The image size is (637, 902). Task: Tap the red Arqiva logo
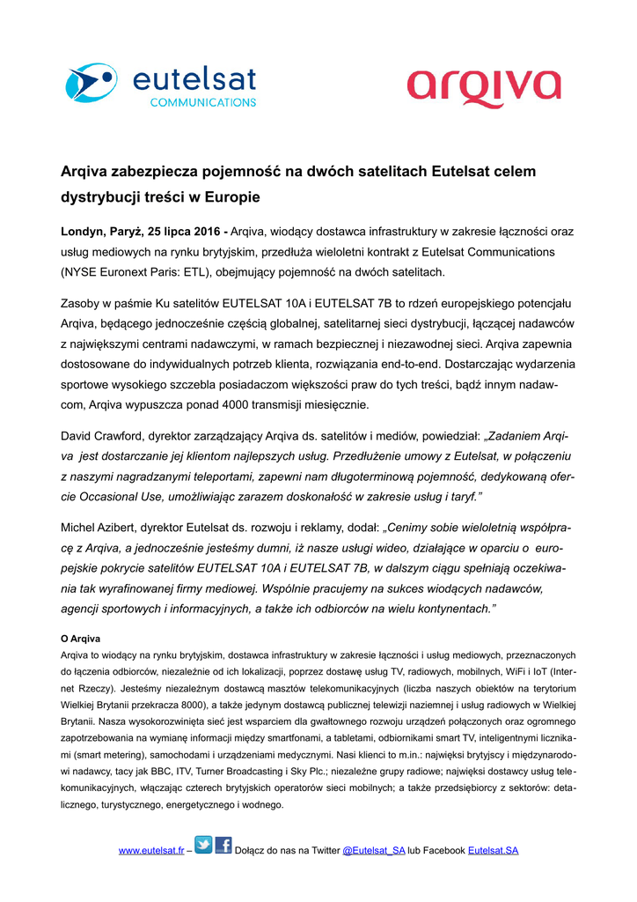point(484,90)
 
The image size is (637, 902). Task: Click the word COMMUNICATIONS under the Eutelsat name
point(203,102)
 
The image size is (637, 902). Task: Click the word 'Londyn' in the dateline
point(82,233)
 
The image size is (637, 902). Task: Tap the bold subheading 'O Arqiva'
point(81,638)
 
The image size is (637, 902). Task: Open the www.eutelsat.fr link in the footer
point(151,850)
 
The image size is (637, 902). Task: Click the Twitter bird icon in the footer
point(203,847)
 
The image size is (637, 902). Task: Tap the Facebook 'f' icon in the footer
point(223,847)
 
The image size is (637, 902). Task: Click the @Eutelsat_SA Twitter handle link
point(373,850)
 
